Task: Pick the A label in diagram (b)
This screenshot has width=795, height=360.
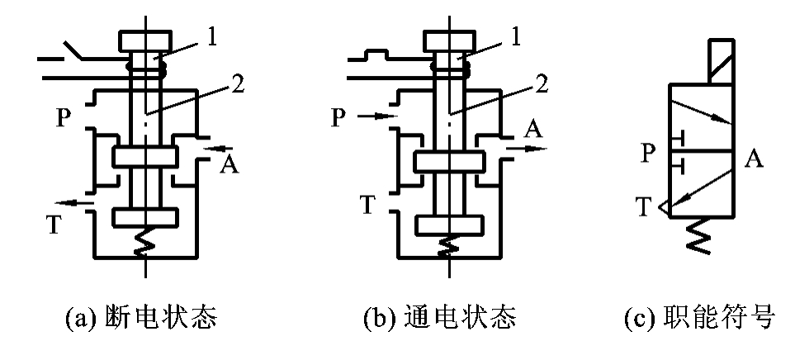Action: [532, 130]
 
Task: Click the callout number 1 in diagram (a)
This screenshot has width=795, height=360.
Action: [214, 36]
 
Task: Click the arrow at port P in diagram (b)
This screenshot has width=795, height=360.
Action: [375, 117]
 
